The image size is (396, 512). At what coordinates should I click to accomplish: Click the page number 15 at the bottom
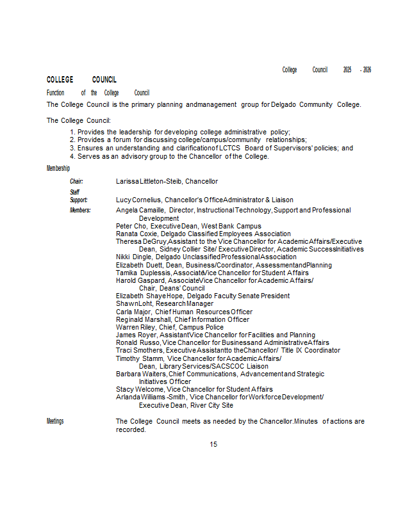click(x=213, y=444)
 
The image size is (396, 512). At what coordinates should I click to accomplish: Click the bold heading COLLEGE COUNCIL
click(x=81, y=80)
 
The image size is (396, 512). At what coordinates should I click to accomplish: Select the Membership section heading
click(x=58, y=168)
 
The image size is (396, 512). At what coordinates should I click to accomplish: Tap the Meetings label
click(x=55, y=421)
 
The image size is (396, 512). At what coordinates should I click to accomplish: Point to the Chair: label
click(x=76, y=182)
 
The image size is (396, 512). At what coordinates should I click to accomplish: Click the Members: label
click(x=80, y=210)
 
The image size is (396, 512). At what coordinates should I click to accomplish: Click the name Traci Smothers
click(x=139, y=351)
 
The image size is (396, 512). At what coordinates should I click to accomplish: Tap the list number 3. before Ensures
click(x=72, y=148)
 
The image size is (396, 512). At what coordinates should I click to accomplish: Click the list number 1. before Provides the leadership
click(x=72, y=132)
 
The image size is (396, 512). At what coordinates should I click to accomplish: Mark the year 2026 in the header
click(x=367, y=70)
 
